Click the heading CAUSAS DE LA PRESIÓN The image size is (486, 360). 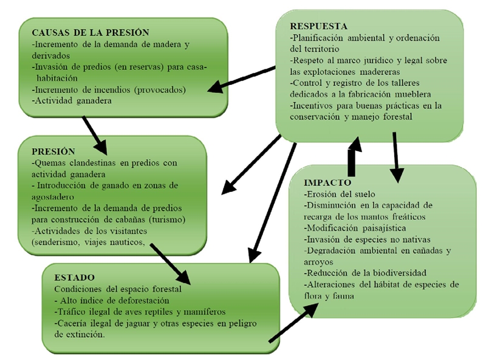pos(91,32)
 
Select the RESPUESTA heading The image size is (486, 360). pos(319,26)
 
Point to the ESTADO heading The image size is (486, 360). pos(74,277)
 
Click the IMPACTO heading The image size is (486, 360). pos(327,182)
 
